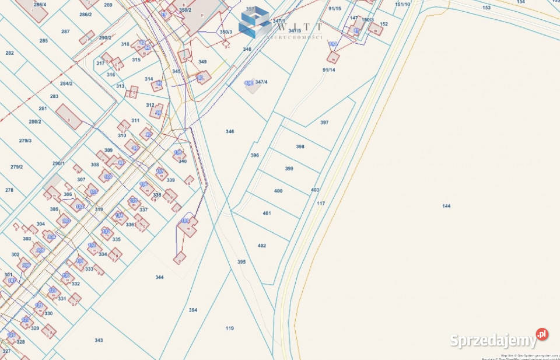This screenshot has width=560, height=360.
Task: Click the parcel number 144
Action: point(446,206)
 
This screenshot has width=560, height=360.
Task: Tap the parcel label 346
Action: point(230,132)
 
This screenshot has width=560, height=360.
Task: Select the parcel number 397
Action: point(324,123)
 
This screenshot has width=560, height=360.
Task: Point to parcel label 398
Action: point(300,147)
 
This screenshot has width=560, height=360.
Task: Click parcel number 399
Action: point(289,169)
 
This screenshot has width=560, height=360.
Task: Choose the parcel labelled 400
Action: point(278,191)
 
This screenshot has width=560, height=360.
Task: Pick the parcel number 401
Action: point(267,213)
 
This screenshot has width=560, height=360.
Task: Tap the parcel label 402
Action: point(262,246)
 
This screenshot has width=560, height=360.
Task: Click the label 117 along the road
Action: point(320,203)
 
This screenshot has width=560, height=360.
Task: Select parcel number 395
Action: point(242,262)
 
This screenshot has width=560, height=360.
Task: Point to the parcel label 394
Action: point(193,310)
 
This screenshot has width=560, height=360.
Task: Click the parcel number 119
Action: point(230,328)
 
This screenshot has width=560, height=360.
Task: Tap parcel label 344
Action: point(160,277)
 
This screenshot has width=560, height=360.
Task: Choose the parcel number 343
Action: point(99,340)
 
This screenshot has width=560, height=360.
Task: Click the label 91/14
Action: point(328,70)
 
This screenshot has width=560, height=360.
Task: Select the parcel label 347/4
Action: point(261,82)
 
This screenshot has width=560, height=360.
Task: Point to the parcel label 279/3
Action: point(25,141)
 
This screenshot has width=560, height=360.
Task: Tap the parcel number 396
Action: point(254,155)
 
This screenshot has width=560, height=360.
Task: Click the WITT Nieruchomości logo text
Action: point(297,29)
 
